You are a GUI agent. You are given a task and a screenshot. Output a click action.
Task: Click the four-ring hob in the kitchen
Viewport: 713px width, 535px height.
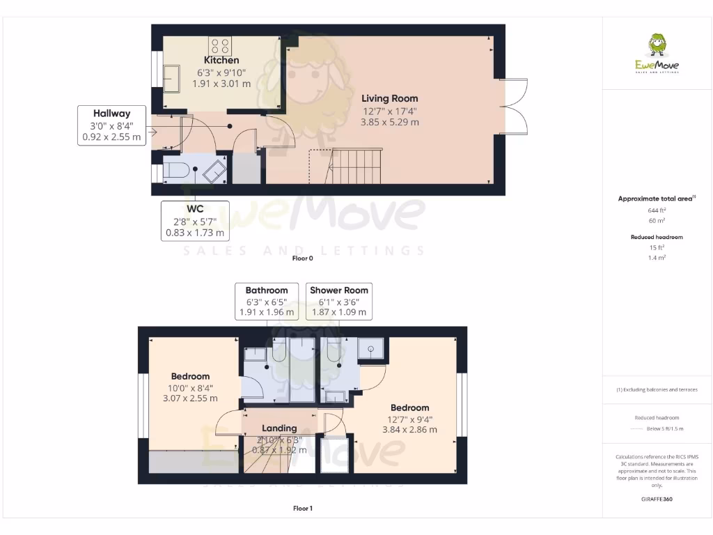(220, 47)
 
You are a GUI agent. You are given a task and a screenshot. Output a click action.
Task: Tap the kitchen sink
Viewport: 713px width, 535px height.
(170, 77)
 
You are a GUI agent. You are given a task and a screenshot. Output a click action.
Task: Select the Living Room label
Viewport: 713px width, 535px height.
(390, 98)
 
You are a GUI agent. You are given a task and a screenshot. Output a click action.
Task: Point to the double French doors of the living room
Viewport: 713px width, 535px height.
(512, 104)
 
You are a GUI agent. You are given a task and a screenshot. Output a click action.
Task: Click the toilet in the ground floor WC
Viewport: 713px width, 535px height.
(176, 169)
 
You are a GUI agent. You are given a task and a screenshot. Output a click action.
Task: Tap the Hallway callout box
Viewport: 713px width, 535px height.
(111, 125)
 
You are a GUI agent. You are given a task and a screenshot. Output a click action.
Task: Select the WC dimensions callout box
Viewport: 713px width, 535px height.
(194, 221)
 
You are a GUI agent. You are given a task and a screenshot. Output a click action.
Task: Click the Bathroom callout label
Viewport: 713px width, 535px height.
(267, 301)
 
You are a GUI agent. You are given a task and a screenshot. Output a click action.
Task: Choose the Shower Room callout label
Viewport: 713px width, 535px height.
(339, 301)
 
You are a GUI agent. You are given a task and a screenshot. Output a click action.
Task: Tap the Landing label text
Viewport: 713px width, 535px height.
(279, 428)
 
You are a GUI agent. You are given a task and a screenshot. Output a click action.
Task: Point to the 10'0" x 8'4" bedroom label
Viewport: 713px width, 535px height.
(190, 387)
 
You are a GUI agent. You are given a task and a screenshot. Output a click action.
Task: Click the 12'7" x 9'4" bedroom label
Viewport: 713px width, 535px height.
(409, 418)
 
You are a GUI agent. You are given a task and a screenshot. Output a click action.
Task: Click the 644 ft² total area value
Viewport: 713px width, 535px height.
(657, 210)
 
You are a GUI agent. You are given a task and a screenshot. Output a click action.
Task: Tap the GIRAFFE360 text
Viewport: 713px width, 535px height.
(657, 499)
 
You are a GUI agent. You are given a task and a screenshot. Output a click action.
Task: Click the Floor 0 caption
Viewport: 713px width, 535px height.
(303, 258)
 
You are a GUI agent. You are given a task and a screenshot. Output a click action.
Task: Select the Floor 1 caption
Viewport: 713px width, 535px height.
(303, 509)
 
